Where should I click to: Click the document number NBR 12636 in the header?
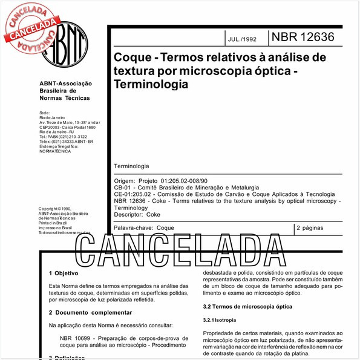point(303,37)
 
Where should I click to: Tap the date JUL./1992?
point(243,40)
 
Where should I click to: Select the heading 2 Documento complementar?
point(90,312)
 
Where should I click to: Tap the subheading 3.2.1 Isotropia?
point(220,319)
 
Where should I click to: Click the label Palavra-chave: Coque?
point(144,228)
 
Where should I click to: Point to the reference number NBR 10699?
point(79,338)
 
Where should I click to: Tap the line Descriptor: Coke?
point(137,214)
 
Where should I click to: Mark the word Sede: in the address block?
point(44,113)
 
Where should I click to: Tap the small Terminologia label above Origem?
point(131,166)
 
